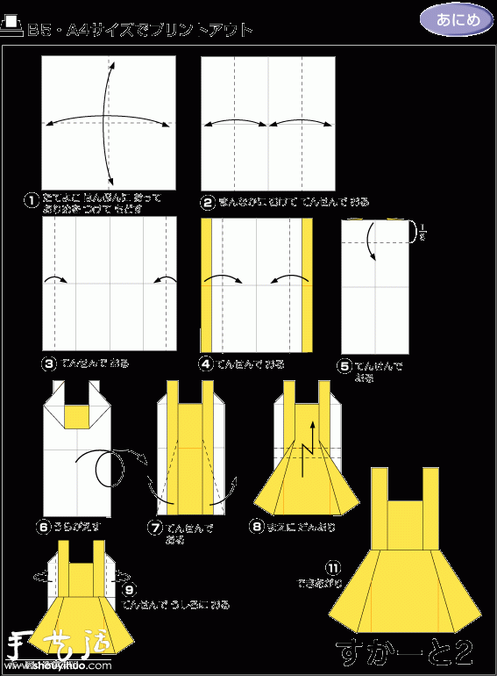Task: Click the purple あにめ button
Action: coord(456,20)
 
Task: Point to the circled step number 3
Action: coord(50,363)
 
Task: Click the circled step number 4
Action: coord(207,363)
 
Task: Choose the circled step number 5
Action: coord(344,367)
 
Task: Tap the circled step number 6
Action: coord(43,528)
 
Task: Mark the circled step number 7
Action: coord(155,529)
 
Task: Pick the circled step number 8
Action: coord(257,528)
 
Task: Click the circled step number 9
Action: coord(130,590)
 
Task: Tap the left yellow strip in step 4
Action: coord(207,284)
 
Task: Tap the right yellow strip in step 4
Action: coord(308,284)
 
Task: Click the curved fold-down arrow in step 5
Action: coord(372,241)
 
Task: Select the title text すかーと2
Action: coord(405,651)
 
